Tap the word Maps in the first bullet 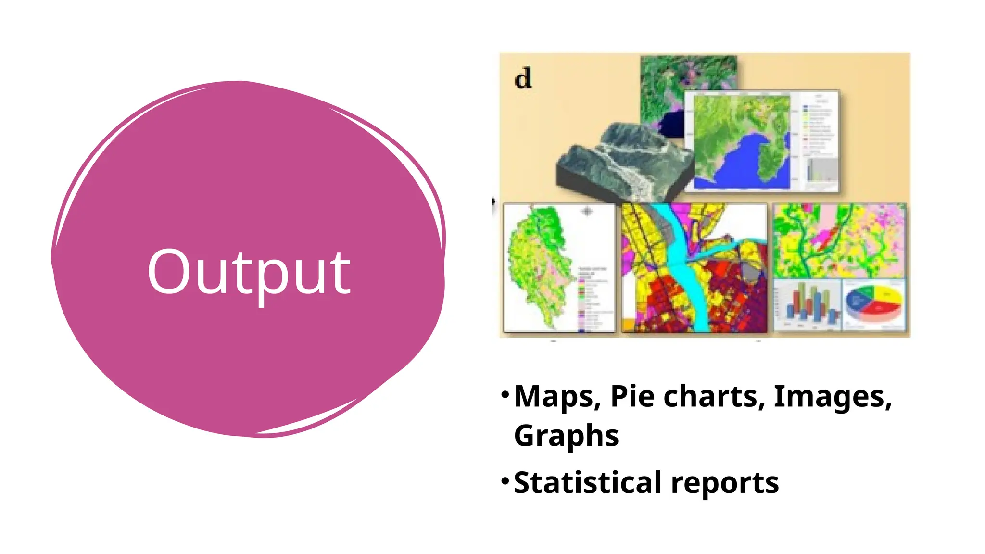coord(557,397)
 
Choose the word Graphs coord(566,436)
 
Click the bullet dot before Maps coord(505,395)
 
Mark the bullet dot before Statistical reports coord(505,480)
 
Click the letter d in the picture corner coord(523,78)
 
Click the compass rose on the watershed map coord(587,211)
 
